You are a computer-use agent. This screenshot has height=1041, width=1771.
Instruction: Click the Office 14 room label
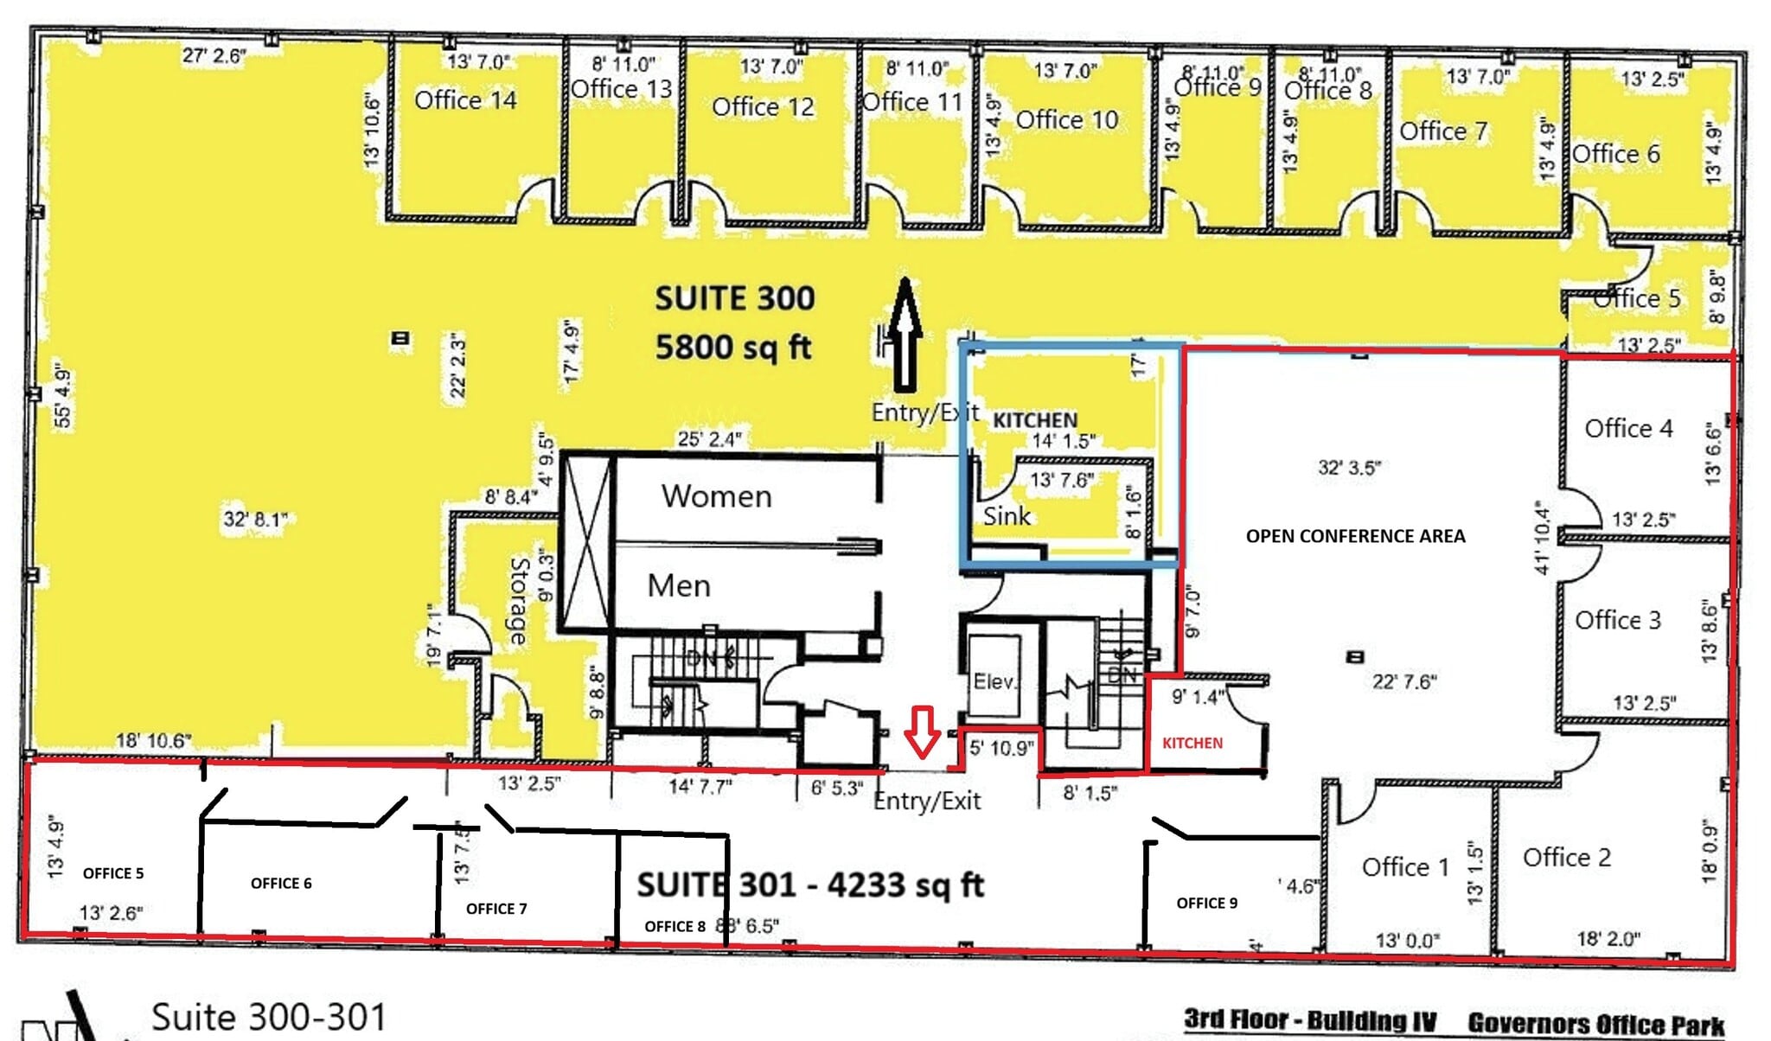click(465, 100)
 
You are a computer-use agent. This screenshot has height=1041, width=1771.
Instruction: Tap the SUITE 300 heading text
click(734, 299)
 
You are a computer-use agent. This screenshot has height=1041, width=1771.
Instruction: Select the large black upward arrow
click(905, 334)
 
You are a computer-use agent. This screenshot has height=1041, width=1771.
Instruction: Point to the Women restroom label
click(716, 496)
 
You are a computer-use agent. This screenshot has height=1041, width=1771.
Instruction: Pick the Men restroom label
click(679, 586)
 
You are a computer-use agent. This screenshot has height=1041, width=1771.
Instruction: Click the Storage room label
click(518, 601)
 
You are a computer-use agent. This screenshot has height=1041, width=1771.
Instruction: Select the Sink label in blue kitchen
click(1007, 516)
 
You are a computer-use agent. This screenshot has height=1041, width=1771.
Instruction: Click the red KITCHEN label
click(1192, 743)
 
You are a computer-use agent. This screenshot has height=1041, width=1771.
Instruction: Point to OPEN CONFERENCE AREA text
click(1355, 536)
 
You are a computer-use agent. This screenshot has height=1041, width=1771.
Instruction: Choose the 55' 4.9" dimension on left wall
click(62, 398)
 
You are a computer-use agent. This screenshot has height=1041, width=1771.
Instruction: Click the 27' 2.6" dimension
click(214, 56)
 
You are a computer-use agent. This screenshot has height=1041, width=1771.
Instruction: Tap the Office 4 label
click(1627, 428)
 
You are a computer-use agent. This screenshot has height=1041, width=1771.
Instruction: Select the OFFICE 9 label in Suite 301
click(1206, 903)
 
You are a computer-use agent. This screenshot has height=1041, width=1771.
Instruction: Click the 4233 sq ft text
click(905, 885)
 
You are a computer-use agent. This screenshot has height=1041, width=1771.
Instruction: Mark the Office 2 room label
click(1566, 857)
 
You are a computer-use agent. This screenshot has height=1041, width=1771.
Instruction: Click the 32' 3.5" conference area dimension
click(1349, 468)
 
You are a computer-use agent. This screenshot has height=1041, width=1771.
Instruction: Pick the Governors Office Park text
click(1595, 1024)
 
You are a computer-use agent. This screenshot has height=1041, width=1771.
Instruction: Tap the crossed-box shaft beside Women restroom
click(586, 541)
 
